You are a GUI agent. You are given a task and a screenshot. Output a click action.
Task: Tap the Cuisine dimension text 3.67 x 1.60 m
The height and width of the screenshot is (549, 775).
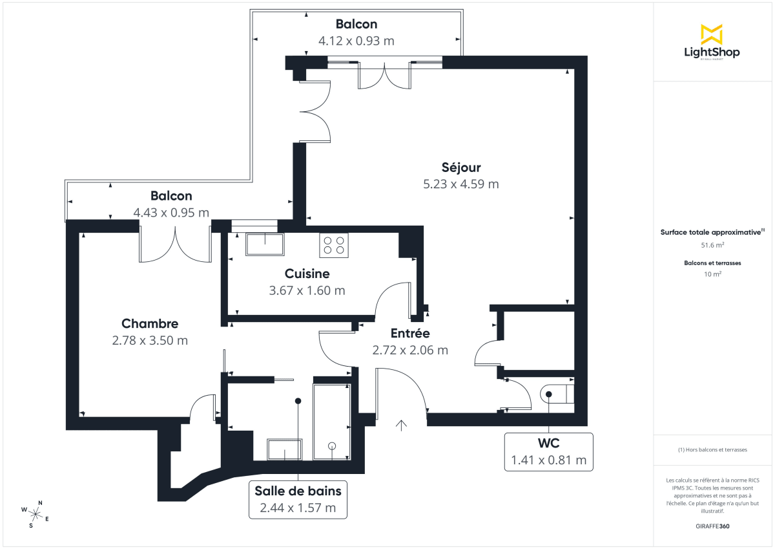click(x=307, y=290)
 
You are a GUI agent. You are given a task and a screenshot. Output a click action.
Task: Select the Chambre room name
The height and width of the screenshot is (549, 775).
click(x=150, y=324)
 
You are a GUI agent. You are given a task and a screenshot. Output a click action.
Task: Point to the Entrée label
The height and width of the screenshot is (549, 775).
click(x=410, y=334)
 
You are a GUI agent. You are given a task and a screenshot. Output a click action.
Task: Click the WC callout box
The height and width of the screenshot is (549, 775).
click(x=548, y=451)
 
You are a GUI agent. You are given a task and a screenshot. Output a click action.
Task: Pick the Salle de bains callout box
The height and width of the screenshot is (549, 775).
click(x=298, y=499)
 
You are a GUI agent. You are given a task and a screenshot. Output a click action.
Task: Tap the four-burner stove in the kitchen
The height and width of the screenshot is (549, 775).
click(x=333, y=245)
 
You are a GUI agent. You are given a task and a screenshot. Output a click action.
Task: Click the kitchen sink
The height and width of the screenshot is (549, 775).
click(x=265, y=244)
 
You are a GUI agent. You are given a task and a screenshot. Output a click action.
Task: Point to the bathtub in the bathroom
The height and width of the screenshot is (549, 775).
click(x=331, y=421)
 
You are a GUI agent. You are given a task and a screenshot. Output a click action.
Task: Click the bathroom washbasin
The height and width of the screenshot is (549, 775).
click(x=285, y=449)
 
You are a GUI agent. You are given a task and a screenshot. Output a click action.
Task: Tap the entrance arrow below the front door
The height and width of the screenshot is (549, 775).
click(x=401, y=425)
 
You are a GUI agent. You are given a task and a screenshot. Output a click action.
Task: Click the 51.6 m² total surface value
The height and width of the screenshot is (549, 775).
click(x=712, y=245)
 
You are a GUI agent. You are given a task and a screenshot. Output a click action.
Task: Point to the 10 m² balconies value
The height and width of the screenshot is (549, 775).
click(x=712, y=274)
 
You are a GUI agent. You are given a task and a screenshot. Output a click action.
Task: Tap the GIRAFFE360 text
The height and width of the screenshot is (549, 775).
click(x=712, y=526)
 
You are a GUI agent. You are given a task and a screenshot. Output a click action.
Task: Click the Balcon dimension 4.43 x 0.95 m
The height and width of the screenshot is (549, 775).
click(x=171, y=212)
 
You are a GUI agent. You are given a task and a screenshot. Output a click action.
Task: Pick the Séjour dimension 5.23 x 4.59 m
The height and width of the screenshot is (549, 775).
click(x=460, y=184)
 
